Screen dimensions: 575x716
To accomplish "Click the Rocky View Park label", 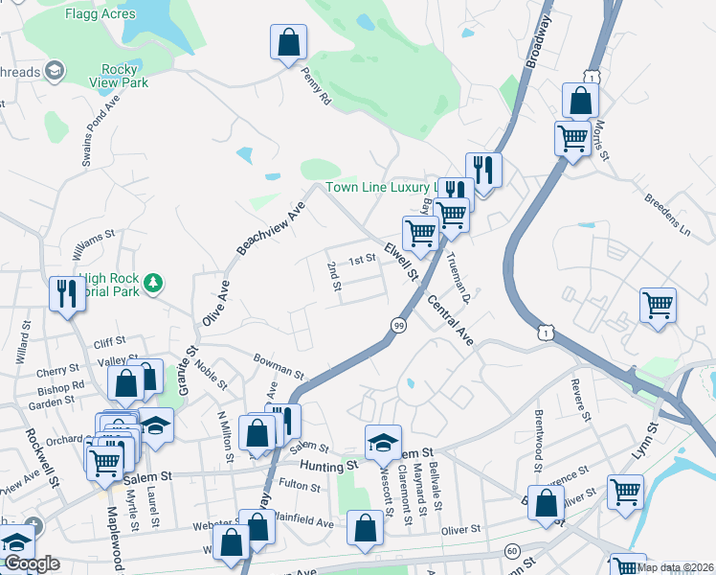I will (x=124, y=76).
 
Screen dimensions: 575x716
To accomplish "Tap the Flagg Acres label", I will (x=100, y=14).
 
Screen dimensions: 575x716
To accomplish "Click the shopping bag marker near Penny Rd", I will (x=288, y=43).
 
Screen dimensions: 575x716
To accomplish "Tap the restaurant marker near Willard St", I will (x=67, y=293).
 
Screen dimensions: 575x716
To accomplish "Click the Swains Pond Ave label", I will (x=98, y=130).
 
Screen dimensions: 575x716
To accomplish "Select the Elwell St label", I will (x=402, y=262).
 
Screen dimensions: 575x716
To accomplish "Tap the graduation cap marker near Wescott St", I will (x=383, y=442).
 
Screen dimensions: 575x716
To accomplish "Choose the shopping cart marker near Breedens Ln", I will (x=658, y=307).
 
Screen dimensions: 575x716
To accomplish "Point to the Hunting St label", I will (x=327, y=466).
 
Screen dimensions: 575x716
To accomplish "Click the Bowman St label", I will (x=279, y=366).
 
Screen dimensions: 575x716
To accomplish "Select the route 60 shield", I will (x=512, y=551).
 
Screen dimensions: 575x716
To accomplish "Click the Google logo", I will (x=32, y=563).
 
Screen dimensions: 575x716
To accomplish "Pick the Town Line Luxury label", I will (x=381, y=187).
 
